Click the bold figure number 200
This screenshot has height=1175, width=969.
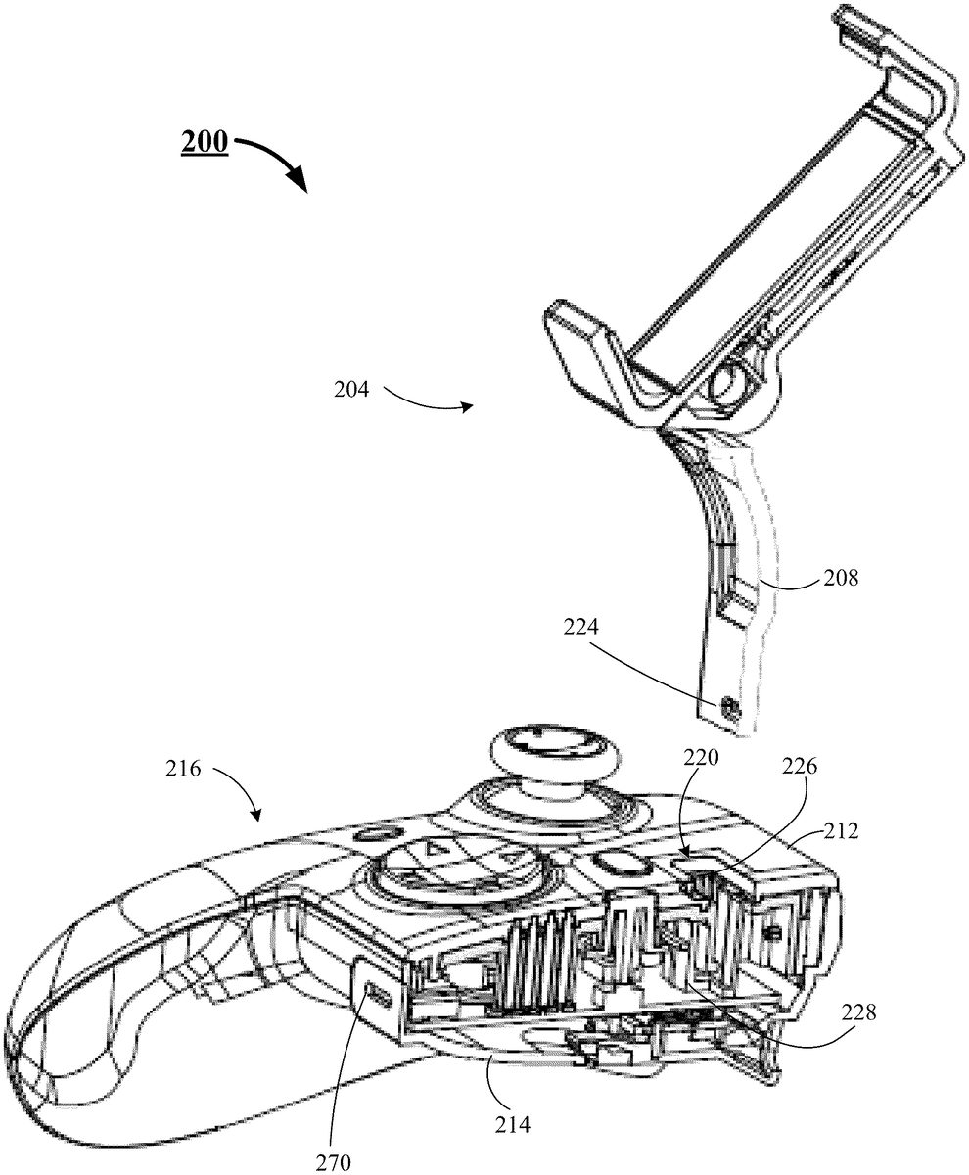[x=205, y=141]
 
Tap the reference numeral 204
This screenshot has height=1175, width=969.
[x=351, y=390]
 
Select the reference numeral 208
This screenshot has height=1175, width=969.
[x=841, y=578]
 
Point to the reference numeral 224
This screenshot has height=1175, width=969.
[x=581, y=627]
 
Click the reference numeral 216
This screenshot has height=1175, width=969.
[x=183, y=769]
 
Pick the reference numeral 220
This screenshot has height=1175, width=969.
[x=701, y=758]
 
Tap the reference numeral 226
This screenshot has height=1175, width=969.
[x=799, y=767]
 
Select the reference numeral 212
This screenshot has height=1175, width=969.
[x=841, y=830]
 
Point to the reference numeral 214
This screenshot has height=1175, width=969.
[x=513, y=1108]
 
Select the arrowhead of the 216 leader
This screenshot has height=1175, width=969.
[x=256, y=813]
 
